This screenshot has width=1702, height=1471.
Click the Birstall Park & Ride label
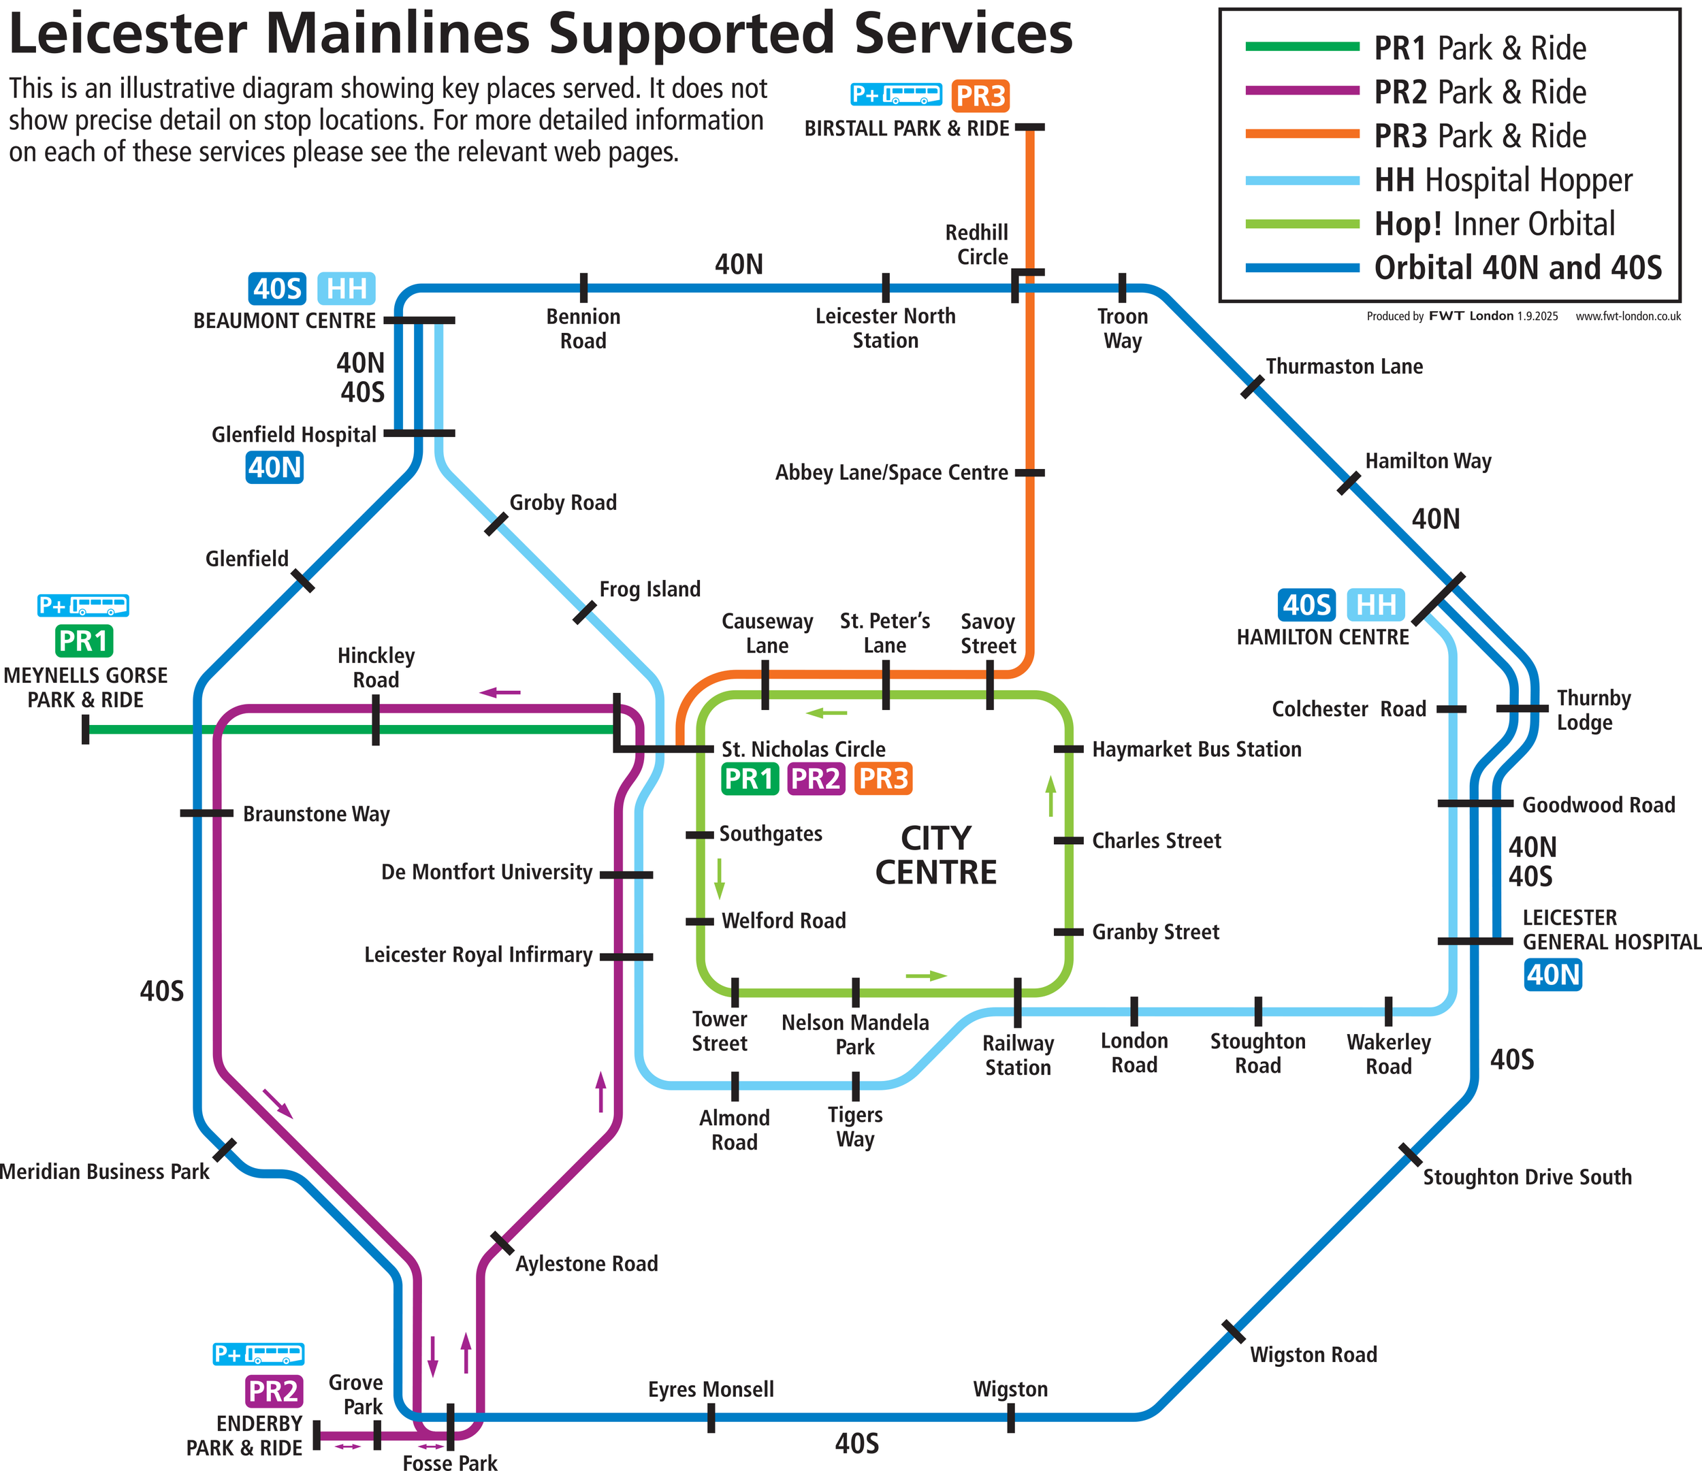click(906, 129)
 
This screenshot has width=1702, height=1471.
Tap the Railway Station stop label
click(1018, 1055)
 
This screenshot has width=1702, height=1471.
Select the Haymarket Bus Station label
click(1196, 749)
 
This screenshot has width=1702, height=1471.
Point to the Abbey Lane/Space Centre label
click(891, 473)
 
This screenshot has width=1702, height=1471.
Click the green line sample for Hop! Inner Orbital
click(1302, 223)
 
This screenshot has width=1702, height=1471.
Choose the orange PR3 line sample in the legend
click(1302, 134)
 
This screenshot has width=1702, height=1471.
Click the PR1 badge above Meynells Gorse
click(84, 641)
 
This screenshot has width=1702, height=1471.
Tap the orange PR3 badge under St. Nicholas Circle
click(883, 779)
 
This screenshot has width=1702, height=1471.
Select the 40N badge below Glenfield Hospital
click(274, 468)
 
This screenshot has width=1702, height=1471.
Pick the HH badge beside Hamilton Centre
click(1376, 605)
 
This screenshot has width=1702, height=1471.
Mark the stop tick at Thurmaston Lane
click(1252, 386)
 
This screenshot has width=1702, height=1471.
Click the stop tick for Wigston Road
click(1233, 1332)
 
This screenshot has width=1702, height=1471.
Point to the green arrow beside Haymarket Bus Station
click(1050, 796)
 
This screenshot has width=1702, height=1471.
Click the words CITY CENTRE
click(935, 855)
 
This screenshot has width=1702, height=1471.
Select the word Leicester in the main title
click(127, 35)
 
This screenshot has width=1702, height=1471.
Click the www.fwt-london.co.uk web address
click(1627, 317)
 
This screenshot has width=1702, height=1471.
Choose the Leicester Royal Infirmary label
click(478, 955)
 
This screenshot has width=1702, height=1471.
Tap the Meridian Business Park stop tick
click(224, 1150)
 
